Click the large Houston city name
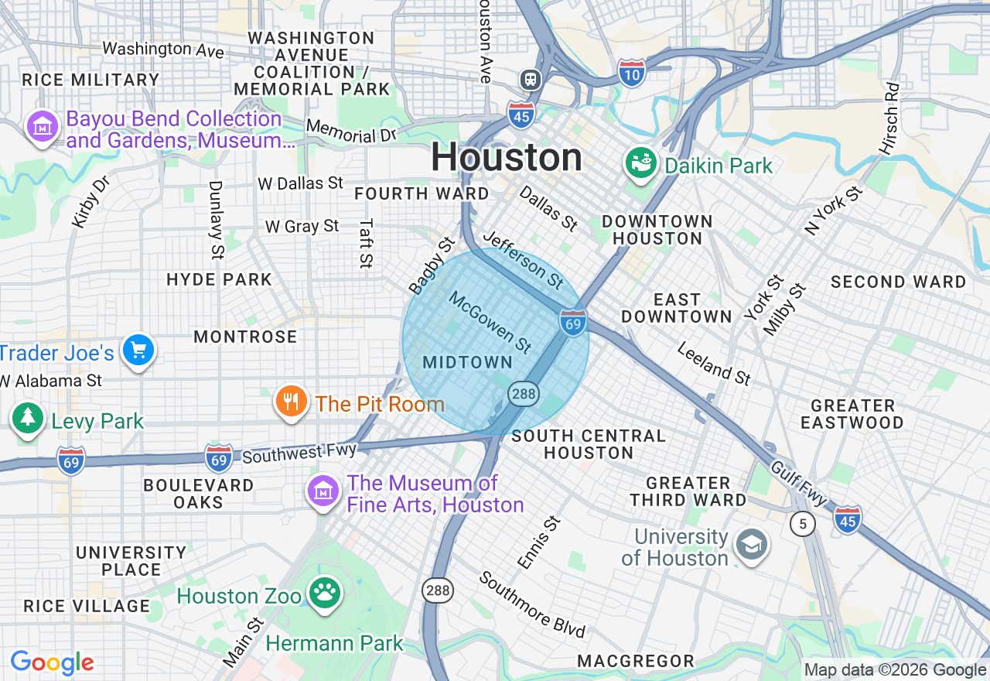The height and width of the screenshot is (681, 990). click(x=507, y=158)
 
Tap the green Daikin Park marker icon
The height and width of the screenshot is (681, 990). click(x=640, y=163)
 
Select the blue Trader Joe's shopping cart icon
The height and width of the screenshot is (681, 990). click(x=138, y=351)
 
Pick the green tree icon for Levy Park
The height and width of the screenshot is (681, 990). click(x=28, y=418)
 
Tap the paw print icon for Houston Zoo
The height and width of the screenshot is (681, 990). click(x=325, y=594)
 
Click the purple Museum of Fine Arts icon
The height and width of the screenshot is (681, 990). click(x=323, y=490)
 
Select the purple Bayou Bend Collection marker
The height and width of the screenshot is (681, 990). click(x=42, y=126)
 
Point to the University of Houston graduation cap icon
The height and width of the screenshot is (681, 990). click(x=750, y=545)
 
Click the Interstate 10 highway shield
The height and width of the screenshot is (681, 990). click(x=631, y=74)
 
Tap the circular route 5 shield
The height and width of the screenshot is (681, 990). click(x=803, y=525)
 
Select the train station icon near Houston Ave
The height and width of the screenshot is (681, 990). click(x=531, y=79)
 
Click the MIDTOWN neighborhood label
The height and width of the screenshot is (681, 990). click(x=467, y=362)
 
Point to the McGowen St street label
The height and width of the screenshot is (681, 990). click(x=490, y=323)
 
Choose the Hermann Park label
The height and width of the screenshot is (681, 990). click(x=334, y=643)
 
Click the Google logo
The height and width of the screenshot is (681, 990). click(x=52, y=663)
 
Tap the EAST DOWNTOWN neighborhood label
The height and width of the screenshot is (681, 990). click(x=676, y=308)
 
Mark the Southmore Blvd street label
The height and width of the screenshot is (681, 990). click(x=531, y=604)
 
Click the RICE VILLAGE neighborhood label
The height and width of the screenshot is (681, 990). click(x=87, y=606)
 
